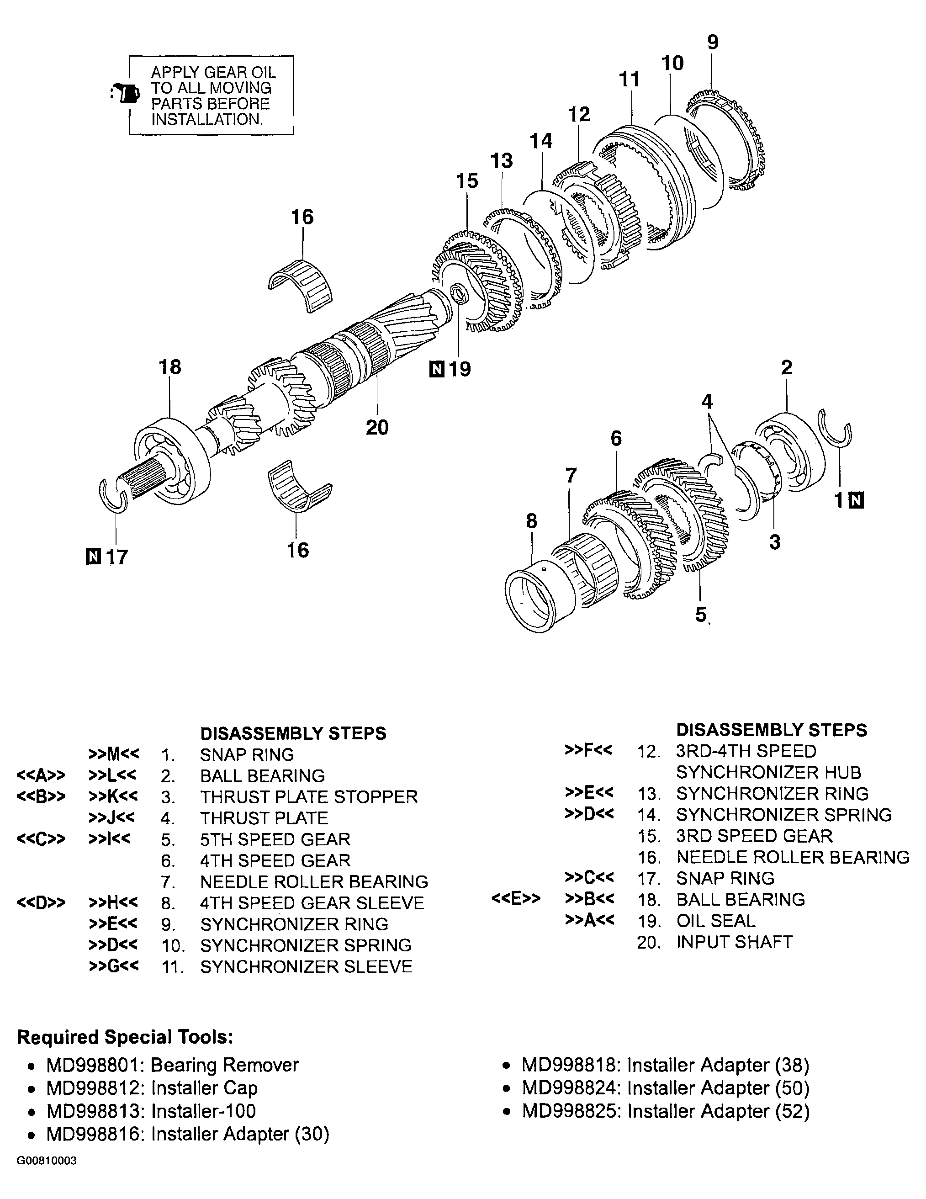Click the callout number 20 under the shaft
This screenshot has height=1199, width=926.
tap(377, 427)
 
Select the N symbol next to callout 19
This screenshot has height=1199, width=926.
tap(436, 369)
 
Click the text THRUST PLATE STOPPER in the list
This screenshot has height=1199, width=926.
tap(308, 796)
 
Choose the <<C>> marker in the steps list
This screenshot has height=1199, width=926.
tap(41, 839)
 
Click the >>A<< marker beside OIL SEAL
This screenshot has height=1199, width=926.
tap(589, 920)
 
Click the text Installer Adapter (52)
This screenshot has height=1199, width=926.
tap(719, 1111)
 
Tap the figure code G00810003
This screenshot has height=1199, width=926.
tap(47, 1161)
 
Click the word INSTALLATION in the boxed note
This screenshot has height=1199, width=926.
tap(206, 120)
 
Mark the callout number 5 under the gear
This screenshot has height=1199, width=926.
tap(700, 614)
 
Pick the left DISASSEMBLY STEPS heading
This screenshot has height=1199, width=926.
tap(293, 733)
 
